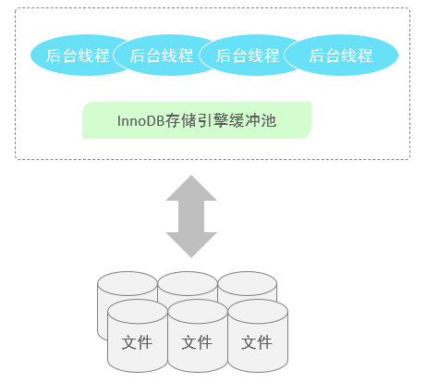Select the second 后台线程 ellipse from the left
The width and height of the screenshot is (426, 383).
[162, 56]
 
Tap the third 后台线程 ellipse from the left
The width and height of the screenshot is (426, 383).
[248, 56]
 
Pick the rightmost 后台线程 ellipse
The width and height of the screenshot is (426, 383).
[341, 56]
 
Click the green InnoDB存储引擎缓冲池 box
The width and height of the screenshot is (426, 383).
[197, 120]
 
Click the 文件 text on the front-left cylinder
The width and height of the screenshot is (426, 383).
[137, 342]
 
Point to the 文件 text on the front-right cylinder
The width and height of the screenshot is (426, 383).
[257, 342]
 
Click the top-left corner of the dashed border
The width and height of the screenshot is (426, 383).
[17, 9]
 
